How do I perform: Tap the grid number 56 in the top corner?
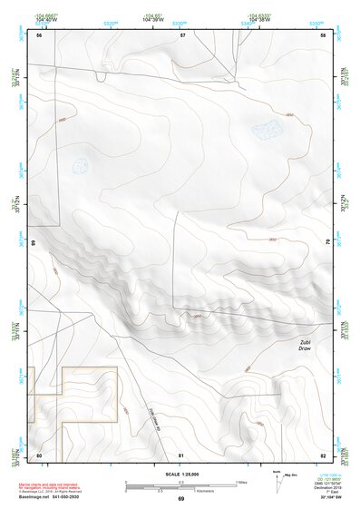(x=39, y=35)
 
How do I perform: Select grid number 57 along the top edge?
(x=182, y=35)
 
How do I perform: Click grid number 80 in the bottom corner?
(x=39, y=455)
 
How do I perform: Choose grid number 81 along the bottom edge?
(x=181, y=455)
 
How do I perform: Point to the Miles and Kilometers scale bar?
(x=181, y=485)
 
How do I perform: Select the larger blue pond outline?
(x=264, y=132)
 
